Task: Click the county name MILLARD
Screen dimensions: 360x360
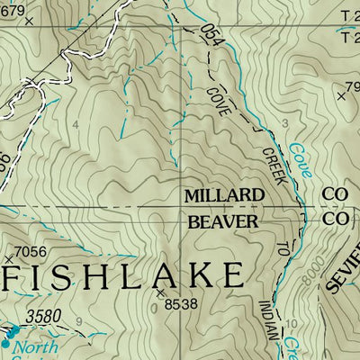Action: (224, 195)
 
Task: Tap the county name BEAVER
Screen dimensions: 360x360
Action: (222, 220)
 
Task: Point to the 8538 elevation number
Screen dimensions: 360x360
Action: (179, 305)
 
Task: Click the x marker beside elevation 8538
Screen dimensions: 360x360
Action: (161, 292)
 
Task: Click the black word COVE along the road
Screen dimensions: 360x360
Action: (216, 102)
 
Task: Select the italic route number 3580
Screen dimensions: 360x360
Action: (44, 317)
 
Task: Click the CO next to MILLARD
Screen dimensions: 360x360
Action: (335, 194)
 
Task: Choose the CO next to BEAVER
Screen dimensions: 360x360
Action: (335, 220)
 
